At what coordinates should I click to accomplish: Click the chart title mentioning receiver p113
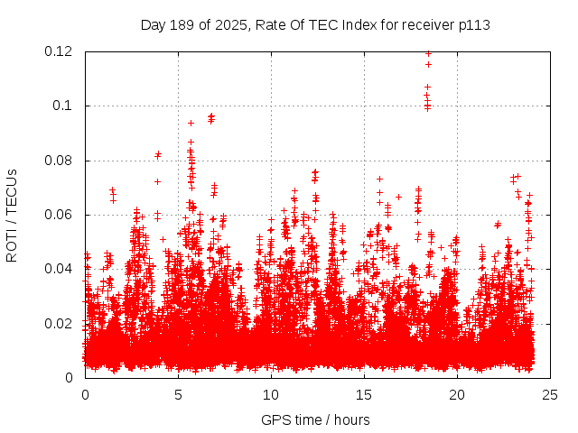[x=315, y=24]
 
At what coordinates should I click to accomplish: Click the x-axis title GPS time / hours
[x=315, y=419]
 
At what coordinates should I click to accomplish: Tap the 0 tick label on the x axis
[x=85, y=394]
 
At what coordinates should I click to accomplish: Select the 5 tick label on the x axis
[x=178, y=394]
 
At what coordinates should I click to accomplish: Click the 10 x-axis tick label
[x=271, y=394]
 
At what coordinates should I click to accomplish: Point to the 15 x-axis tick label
[x=364, y=394]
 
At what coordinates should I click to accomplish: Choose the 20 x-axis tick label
[x=457, y=394]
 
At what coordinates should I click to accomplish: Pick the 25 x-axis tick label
[x=550, y=394]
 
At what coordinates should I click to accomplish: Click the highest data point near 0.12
[x=428, y=53]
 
